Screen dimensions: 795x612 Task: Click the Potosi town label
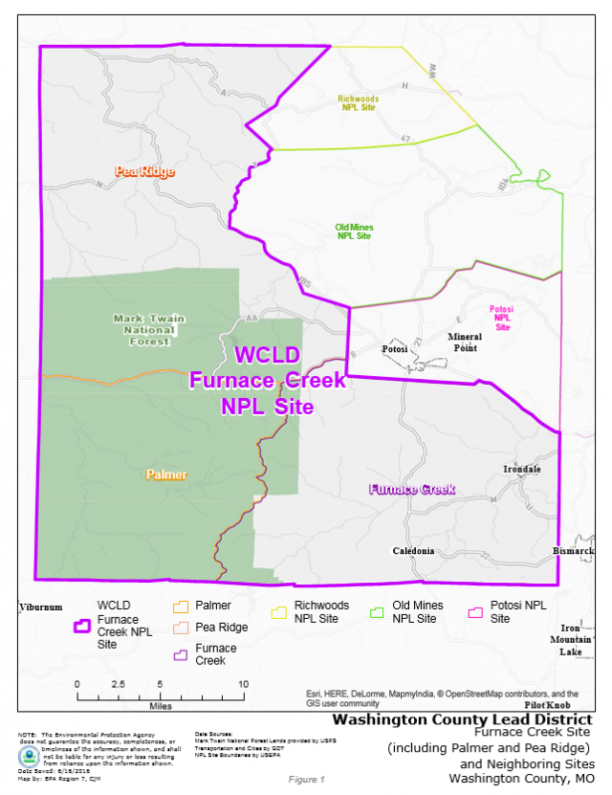pyautogui.click(x=395, y=349)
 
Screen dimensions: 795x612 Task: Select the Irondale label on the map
pyautogui.click(x=522, y=469)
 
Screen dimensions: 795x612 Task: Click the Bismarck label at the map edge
pyautogui.click(x=574, y=551)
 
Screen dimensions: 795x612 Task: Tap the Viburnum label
pyautogui.click(x=41, y=607)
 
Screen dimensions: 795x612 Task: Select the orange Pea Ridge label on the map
pyautogui.click(x=144, y=172)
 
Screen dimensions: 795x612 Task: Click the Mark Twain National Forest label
pyautogui.click(x=148, y=329)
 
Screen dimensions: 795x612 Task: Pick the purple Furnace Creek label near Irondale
pyautogui.click(x=412, y=490)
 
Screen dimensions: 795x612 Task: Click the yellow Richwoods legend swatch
pyautogui.click(x=281, y=610)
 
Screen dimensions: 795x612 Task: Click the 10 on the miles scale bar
pyautogui.click(x=243, y=685)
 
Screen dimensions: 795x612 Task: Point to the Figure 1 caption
pyautogui.click(x=306, y=780)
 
